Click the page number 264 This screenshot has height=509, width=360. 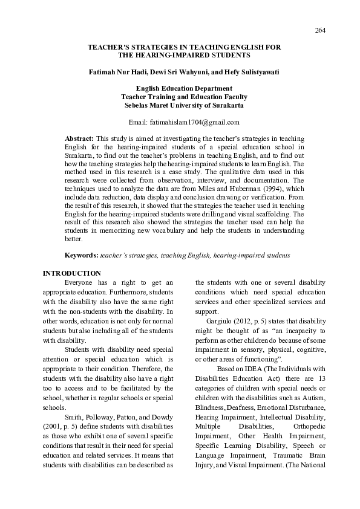point(321,31)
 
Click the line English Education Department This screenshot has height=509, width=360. point(179,88)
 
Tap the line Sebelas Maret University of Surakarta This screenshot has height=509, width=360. point(179,105)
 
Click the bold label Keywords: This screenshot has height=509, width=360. point(82,256)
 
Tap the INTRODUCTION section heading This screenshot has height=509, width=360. point(71,273)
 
